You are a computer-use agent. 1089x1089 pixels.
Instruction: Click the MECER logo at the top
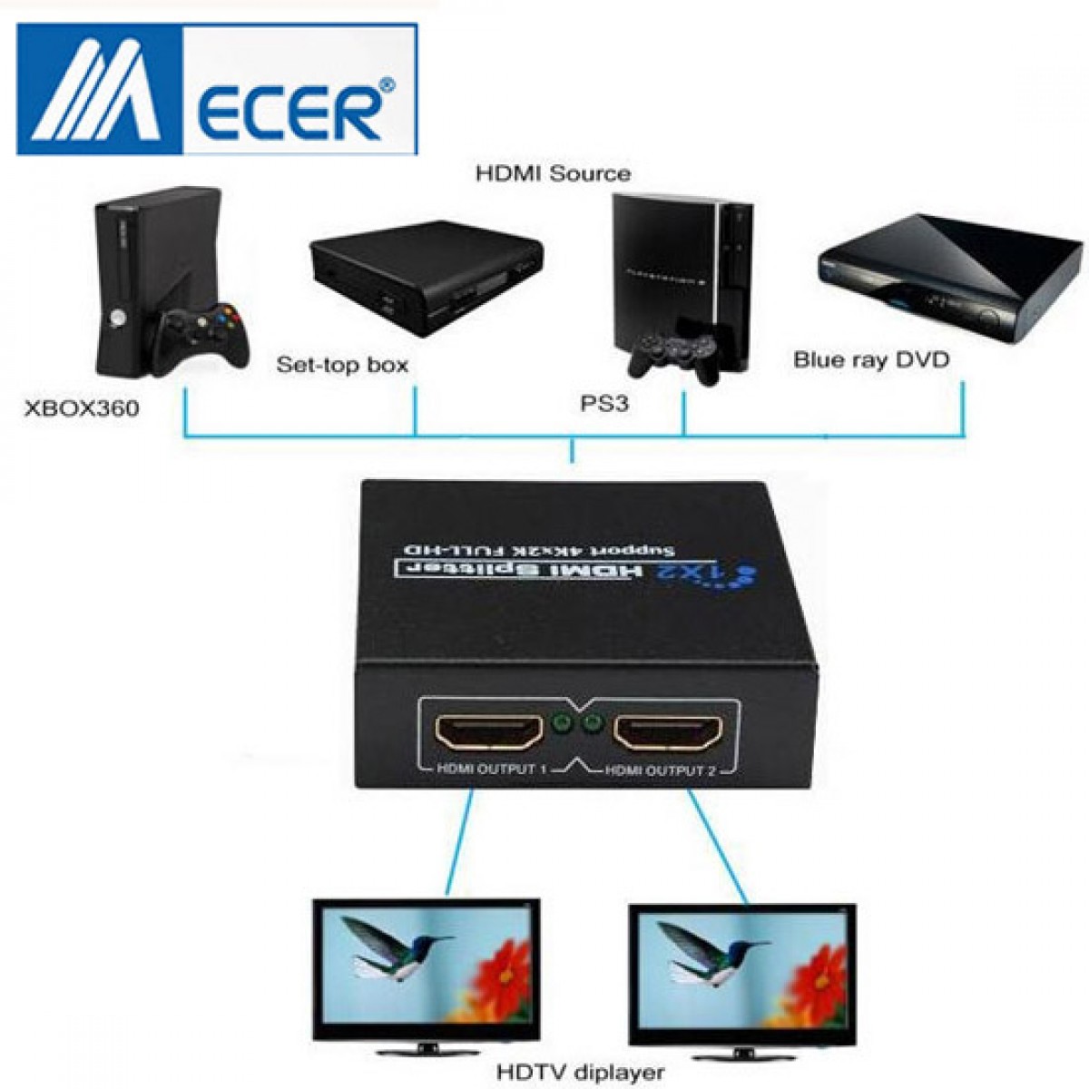(x=217, y=89)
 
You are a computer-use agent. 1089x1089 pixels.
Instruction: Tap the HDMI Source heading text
(x=553, y=172)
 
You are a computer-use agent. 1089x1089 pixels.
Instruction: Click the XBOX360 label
(x=81, y=408)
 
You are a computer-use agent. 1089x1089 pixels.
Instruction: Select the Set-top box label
(x=341, y=366)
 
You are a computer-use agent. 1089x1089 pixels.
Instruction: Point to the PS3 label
(x=603, y=403)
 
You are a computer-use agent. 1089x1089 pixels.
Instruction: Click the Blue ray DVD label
(x=870, y=359)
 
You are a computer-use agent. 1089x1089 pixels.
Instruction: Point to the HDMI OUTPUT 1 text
(x=490, y=770)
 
